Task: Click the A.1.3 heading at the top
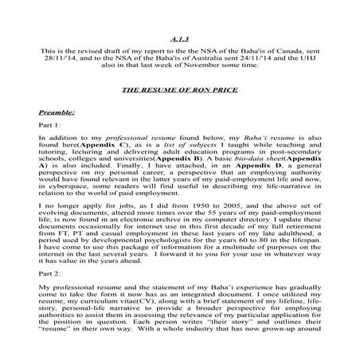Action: [179, 38]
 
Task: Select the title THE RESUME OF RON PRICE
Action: [179, 90]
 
